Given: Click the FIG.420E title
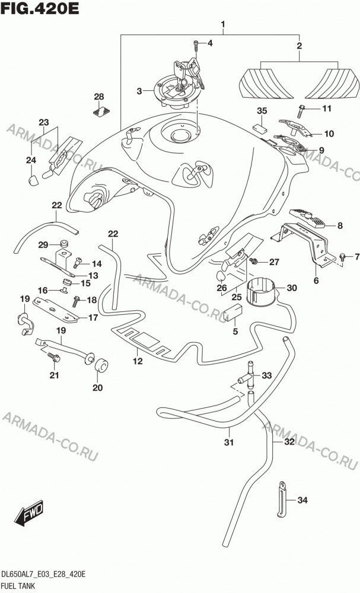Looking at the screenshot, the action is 40,8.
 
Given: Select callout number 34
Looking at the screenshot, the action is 302,500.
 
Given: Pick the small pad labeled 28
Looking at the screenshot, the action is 101,112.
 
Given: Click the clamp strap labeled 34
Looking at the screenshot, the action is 282,499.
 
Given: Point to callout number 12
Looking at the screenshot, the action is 138,361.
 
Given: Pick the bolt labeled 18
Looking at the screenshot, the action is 76,301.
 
